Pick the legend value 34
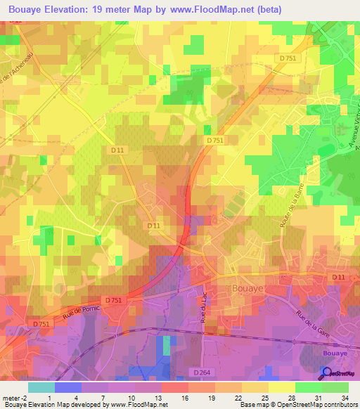pos(344,398)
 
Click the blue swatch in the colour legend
pos(67,387)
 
